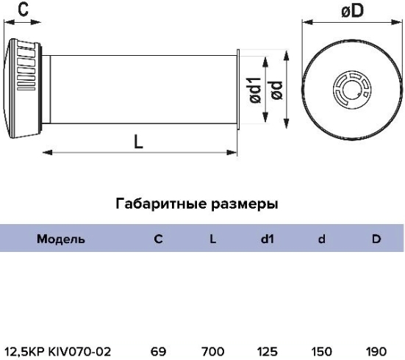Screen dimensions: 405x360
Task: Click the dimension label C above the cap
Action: point(24,10)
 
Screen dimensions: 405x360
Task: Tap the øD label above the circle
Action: point(352,11)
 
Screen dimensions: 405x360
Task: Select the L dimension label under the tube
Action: point(138,142)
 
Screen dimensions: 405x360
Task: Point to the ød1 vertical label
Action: point(256,90)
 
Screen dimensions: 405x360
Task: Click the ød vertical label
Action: point(277,90)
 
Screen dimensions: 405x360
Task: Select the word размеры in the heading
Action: point(244,204)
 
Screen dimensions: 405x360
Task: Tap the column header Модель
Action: point(61,239)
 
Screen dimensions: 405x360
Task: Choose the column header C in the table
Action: point(158,239)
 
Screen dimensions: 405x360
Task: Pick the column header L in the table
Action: point(212,239)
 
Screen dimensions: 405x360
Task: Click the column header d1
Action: point(267,239)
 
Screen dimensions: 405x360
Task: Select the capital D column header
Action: point(376,239)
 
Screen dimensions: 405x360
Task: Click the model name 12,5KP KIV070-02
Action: point(58,351)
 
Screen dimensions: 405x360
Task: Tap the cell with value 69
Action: point(158,351)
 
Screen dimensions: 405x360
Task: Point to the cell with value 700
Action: point(212,351)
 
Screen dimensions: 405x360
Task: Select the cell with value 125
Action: point(267,351)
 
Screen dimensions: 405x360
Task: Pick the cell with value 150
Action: point(321,351)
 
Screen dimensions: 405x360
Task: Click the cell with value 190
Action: point(376,351)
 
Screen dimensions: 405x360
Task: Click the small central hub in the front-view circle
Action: point(352,90)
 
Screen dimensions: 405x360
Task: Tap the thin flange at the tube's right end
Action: point(238,90)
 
